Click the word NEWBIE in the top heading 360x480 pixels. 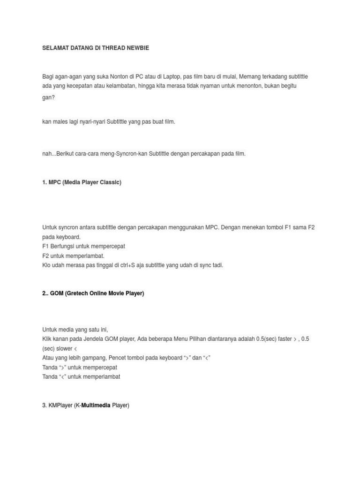point(138,48)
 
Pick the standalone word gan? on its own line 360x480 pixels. point(48,97)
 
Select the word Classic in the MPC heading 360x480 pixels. point(110,182)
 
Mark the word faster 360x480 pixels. point(284,339)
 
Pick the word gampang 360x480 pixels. point(94,358)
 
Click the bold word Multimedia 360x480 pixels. point(96,405)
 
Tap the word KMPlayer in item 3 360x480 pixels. point(60,405)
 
